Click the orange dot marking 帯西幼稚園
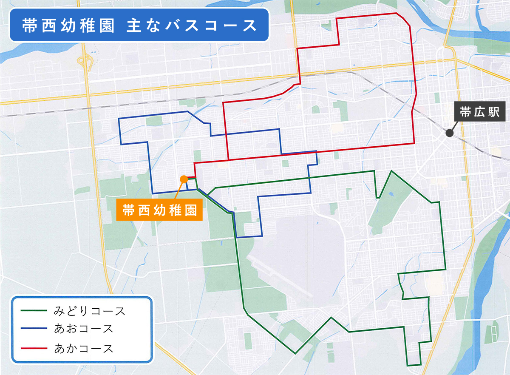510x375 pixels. click(x=184, y=179)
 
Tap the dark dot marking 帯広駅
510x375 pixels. click(x=449, y=134)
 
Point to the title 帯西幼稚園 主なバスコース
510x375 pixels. click(x=139, y=25)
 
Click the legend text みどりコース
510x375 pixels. click(x=90, y=311)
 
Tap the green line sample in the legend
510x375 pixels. click(x=34, y=311)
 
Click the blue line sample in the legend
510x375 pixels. click(x=34, y=329)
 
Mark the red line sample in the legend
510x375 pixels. click(x=34, y=349)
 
